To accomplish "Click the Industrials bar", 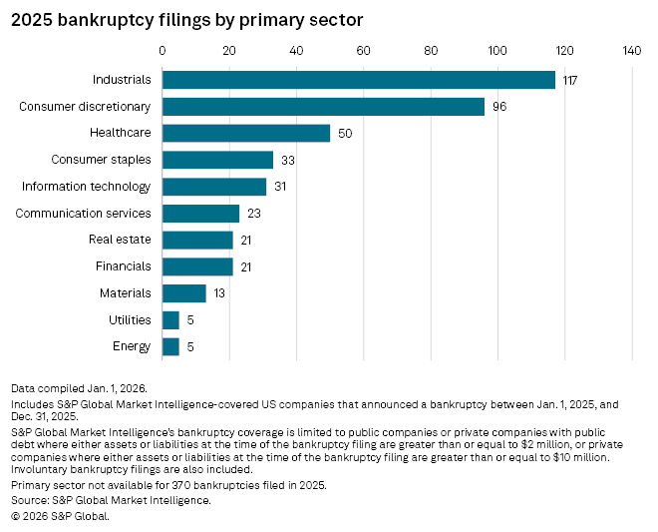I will pos(358,80).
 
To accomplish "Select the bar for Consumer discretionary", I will pos(323,107).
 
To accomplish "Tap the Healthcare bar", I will pos(245,133).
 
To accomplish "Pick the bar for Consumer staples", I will pos(217,160).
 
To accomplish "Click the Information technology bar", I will pos(213,187).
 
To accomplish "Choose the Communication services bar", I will pos(200,213).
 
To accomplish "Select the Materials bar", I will pos(183,293).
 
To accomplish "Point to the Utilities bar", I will pos(170,319).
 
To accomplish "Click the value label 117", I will pos(570,80).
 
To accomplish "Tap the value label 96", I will pos(499,107).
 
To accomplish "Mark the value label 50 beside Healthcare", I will pos(345,133).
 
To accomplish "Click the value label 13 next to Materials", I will pos(220,293).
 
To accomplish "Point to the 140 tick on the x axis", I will pos(632,50).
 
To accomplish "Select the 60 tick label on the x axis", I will pos(363,50).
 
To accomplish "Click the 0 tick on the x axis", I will pos(162,50).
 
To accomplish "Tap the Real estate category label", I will pos(120,240).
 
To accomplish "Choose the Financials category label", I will pos(124,266).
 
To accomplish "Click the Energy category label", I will pos(132,346).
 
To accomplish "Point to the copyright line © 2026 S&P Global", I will pos(60,516).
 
